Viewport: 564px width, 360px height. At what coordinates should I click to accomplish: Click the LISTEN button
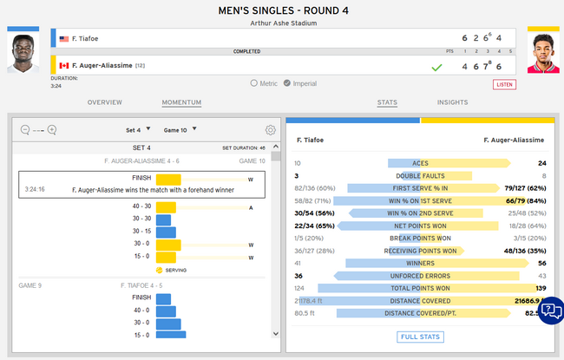[x=504, y=84]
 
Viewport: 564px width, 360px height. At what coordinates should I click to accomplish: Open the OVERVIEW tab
[x=104, y=102]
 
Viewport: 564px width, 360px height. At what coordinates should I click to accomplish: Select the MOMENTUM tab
[x=181, y=102]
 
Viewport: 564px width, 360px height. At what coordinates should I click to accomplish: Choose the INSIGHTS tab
[x=452, y=102]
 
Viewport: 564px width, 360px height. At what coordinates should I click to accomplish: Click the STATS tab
[x=387, y=102]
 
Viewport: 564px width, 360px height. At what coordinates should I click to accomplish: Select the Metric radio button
[x=254, y=83]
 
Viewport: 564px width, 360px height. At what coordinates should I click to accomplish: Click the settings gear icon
[x=271, y=130]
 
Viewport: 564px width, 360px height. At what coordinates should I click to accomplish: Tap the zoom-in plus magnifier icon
[x=52, y=130]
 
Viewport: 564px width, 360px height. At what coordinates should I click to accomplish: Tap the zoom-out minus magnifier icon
[x=24, y=130]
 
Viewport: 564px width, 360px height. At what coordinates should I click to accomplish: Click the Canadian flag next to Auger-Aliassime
[x=64, y=65]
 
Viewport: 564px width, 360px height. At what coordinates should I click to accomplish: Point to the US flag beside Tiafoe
[x=64, y=39]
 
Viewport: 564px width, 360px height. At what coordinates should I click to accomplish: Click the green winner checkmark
[x=437, y=66]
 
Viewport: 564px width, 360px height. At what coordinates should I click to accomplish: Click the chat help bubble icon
[x=550, y=310]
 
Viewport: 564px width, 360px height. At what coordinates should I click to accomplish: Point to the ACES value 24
[x=541, y=163]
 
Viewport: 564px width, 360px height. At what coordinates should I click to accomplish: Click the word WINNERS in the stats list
[x=420, y=263]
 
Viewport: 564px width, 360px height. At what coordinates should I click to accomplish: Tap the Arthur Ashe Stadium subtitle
[x=282, y=23]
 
